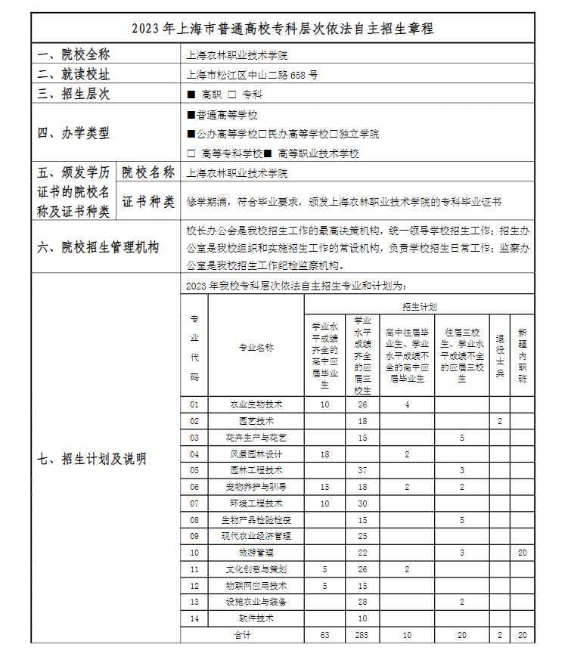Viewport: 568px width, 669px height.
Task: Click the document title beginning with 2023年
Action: click(283, 29)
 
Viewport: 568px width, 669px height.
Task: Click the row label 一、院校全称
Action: click(74, 55)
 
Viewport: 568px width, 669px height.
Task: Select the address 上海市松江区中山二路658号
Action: click(252, 75)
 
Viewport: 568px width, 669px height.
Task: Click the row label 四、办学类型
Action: click(74, 134)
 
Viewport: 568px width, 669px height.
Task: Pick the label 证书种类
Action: click(148, 202)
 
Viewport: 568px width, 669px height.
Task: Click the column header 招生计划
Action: click(418, 306)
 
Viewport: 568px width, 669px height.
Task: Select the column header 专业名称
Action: click(256, 348)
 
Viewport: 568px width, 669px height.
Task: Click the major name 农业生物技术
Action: click(256, 404)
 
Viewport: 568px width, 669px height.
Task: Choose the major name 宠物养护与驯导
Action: click(256, 487)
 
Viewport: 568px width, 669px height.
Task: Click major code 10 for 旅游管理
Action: click(194, 553)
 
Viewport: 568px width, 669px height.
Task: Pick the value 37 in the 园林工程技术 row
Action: click(362, 470)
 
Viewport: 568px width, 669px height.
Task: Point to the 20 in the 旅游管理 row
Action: click(522, 553)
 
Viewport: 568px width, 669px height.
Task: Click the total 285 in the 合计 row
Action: click(362, 635)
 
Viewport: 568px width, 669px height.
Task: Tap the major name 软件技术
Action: click(256, 618)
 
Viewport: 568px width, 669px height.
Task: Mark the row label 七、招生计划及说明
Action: click(92, 458)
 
